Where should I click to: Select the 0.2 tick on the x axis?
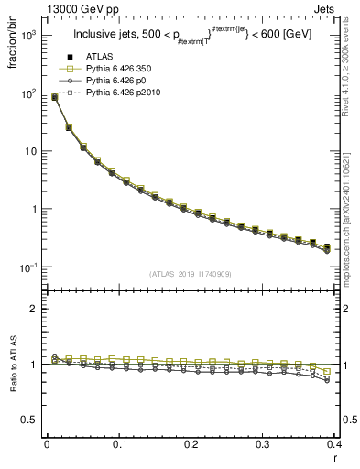(x=191, y=445)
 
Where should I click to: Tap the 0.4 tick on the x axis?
(x=334, y=445)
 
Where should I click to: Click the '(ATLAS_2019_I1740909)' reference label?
(x=190, y=274)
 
